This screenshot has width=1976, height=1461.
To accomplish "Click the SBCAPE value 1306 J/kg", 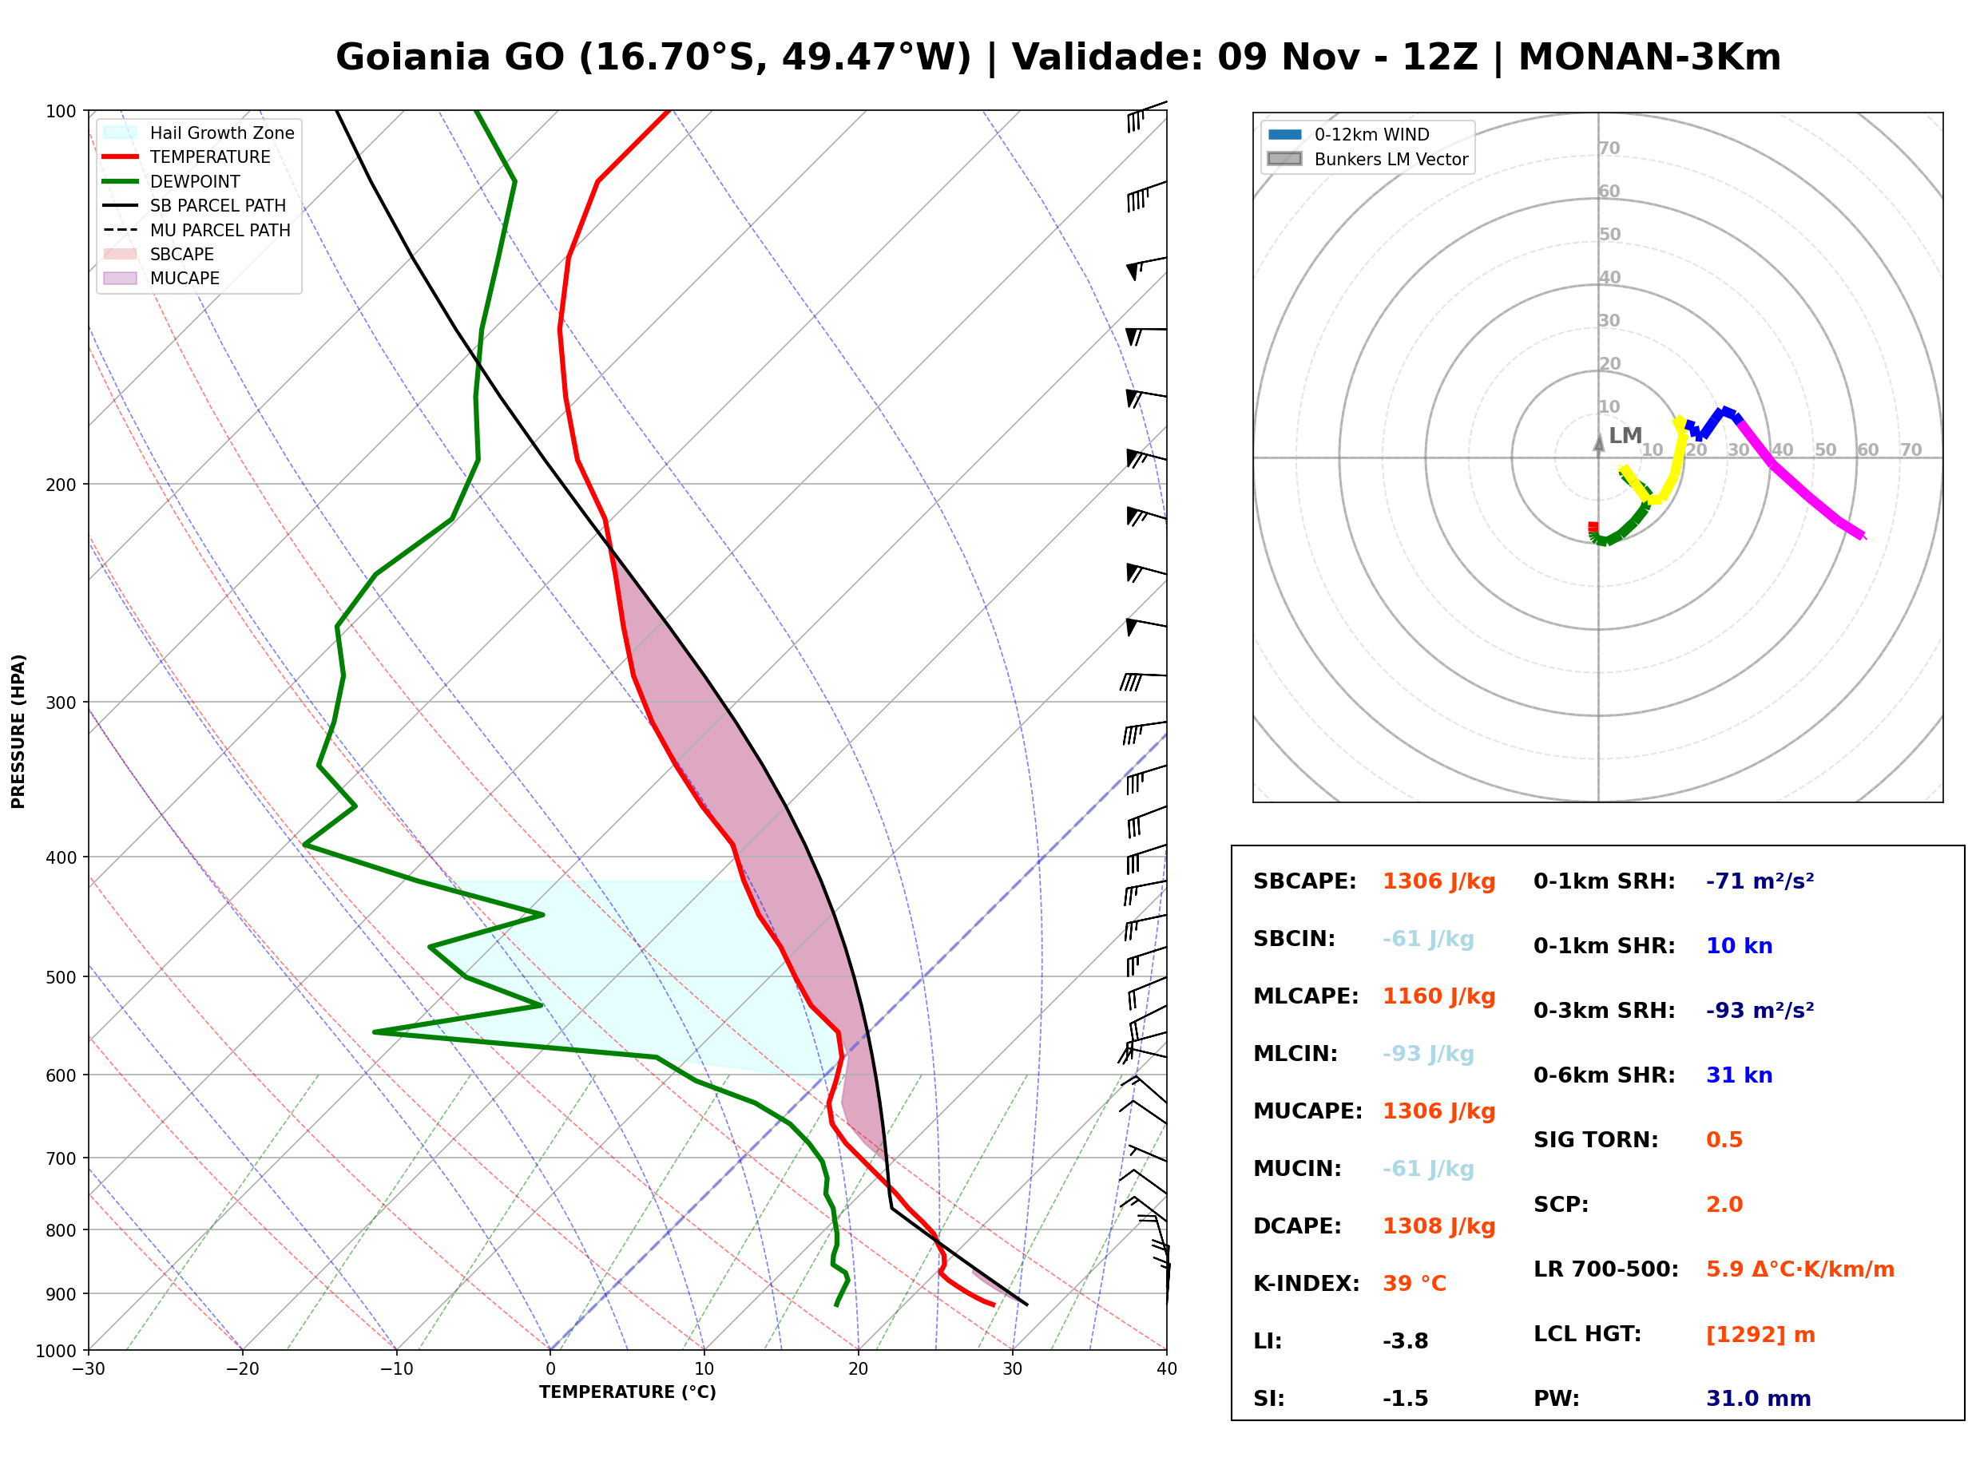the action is pos(1439,881).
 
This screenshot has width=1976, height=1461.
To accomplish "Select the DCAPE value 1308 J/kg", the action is pos(1439,1226).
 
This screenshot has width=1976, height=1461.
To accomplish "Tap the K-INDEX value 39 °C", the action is pos(1415,1284).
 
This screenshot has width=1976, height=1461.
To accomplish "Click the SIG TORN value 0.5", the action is pos(1724,1140).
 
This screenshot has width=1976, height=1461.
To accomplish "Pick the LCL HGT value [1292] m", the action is pos(1760,1335).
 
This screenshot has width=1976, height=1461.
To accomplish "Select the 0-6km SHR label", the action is pos(1604,1075).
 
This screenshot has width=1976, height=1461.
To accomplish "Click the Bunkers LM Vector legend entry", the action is pos(1367,159).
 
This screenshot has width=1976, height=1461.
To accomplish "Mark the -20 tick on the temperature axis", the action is pos(242,1369).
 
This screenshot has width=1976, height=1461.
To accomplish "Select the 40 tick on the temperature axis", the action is pos(1167,1369).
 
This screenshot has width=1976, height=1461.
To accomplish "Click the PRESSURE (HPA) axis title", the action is pos(18,731).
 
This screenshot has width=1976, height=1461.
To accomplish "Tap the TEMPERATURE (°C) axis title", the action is pos(628,1392).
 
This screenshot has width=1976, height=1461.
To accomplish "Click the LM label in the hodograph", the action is pos(1625,436).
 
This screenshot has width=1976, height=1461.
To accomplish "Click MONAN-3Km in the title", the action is pos(1649,57).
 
